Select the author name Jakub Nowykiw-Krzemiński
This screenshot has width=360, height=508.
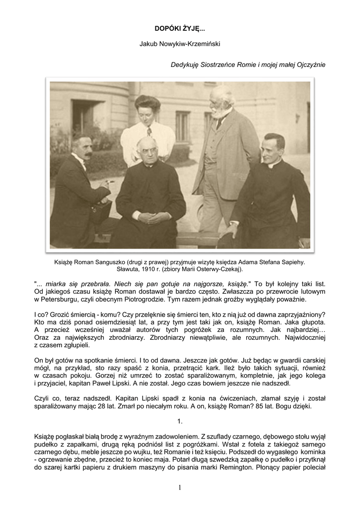180,44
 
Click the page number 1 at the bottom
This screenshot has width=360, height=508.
180,488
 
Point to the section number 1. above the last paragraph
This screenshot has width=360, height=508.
180,421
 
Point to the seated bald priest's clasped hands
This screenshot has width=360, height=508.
152,217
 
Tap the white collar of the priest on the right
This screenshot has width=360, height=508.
275,165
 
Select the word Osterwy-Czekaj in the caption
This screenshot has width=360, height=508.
216,269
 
